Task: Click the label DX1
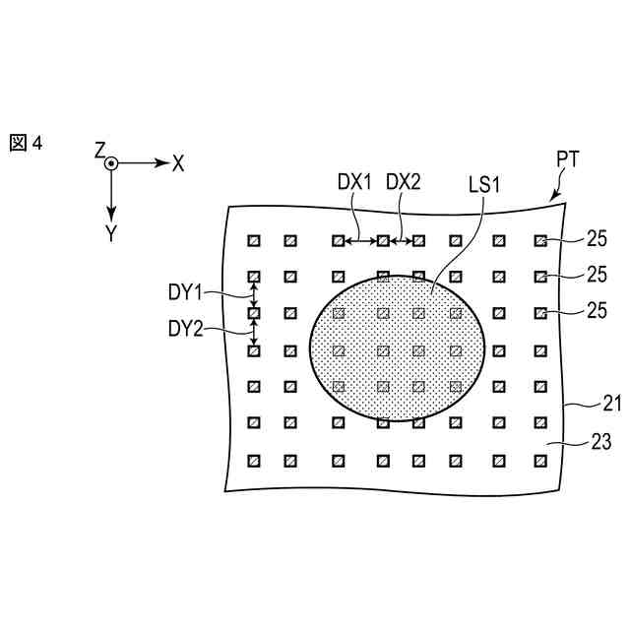(x=354, y=182)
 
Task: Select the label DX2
(x=403, y=182)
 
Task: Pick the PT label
(x=568, y=158)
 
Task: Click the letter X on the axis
(x=178, y=163)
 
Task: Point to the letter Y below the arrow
(x=111, y=232)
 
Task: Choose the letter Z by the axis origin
(x=99, y=150)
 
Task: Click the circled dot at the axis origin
(x=112, y=163)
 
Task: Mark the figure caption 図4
(x=27, y=144)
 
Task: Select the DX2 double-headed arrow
(x=400, y=240)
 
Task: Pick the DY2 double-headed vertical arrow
(x=253, y=332)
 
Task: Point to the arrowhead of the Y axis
(x=112, y=213)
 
